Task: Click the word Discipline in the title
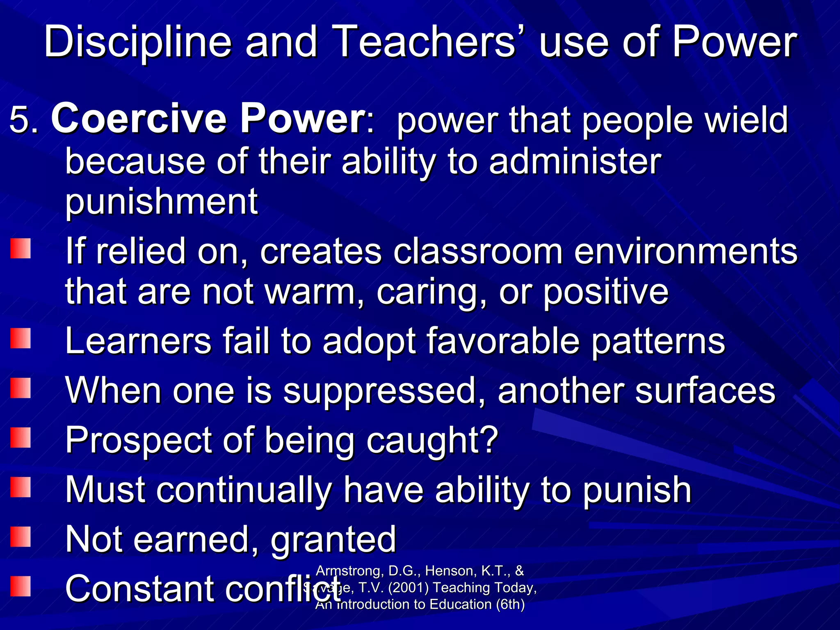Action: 138,42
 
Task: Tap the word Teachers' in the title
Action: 427,42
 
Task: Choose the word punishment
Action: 162,202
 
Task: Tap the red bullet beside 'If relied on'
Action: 21,249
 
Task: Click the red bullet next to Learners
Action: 21,338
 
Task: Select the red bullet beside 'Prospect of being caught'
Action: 21,438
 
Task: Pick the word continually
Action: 244,490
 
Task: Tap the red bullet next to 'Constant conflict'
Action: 21,586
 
